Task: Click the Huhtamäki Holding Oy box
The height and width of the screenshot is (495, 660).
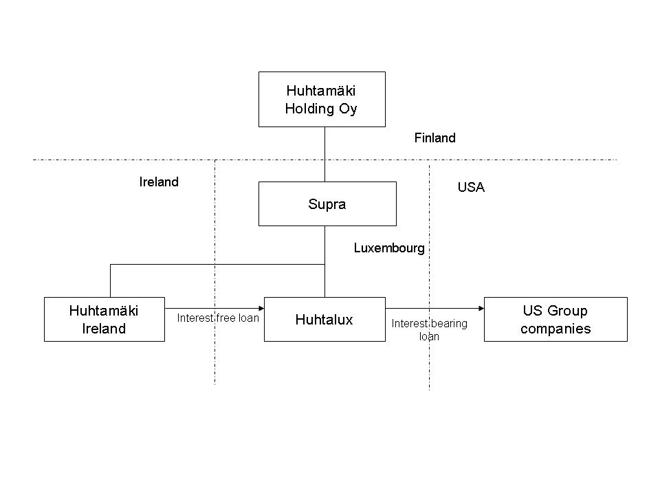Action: (x=321, y=99)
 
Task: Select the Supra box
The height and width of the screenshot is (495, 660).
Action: (x=327, y=203)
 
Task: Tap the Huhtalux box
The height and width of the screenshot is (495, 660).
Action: (x=324, y=319)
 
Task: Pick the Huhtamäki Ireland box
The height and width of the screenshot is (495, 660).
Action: (x=104, y=319)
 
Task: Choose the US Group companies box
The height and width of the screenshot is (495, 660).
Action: (x=555, y=319)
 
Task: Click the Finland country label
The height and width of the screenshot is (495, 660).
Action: (x=434, y=138)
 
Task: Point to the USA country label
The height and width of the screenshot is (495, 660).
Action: (x=471, y=187)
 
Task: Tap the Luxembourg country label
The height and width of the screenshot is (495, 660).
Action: (x=389, y=248)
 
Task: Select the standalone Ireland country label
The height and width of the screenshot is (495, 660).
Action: (x=159, y=182)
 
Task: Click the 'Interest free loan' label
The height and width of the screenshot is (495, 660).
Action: (x=218, y=318)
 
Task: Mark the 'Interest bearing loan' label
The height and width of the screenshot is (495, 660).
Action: (x=429, y=330)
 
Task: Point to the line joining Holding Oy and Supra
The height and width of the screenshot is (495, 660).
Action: (x=324, y=154)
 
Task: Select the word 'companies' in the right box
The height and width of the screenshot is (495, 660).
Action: (x=555, y=328)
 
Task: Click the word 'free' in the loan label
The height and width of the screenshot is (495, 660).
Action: (x=224, y=318)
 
